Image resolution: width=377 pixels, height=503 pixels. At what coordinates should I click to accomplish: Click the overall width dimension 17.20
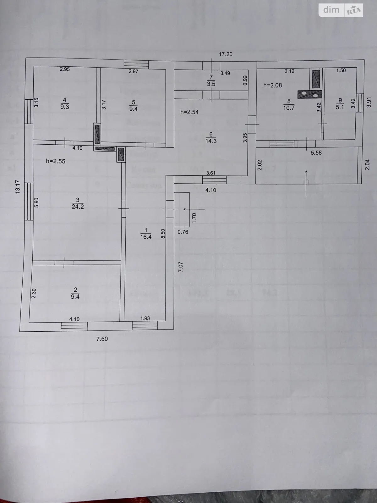click(x=225, y=54)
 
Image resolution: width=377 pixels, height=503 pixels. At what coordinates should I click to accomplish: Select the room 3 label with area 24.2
click(x=78, y=203)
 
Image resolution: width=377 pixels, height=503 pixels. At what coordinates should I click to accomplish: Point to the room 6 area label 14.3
click(x=211, y=138)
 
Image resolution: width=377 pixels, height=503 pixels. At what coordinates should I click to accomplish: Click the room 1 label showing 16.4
click(x=146, y=234)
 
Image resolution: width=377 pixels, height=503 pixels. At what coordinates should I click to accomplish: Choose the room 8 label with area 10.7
click(x=289, y=104)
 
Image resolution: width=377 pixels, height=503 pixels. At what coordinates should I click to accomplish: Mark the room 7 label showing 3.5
click(x=211, y=80)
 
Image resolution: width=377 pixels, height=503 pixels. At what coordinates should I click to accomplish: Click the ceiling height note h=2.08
click(x=272, y=85)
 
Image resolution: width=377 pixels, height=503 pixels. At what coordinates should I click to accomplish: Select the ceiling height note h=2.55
click(x=55, y=161)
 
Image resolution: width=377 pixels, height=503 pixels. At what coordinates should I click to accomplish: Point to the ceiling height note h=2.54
click(x=189, y=112)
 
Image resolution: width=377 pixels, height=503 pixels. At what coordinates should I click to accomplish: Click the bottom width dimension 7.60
click(x=102, y=339)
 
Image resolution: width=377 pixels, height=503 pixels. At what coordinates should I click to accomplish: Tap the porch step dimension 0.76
click(x=183, y=232)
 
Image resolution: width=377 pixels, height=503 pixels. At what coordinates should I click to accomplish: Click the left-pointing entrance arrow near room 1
click(x=193, y=209)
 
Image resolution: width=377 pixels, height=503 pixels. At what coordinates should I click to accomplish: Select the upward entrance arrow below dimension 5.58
click(x=306, y=182)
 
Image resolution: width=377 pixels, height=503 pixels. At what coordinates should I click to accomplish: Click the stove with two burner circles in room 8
click(x=310, y=94)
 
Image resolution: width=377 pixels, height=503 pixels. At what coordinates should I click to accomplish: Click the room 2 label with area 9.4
click(x=75, y=293)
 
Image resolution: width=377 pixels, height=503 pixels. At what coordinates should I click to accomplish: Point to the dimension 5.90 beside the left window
click(x=36, y=202)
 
